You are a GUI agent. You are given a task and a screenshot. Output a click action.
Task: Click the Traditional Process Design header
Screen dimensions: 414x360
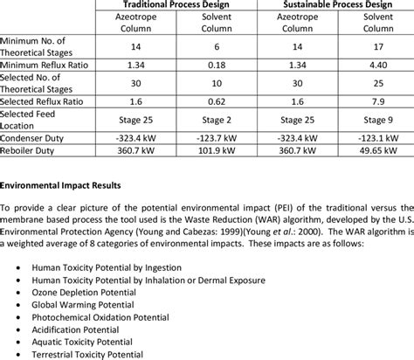tap(174, 4)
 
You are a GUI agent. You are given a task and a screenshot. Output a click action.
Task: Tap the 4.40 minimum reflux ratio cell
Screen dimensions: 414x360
tap(378, 63)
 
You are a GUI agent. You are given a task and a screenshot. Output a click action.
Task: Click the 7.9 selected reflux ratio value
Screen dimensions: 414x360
tap(378, 100)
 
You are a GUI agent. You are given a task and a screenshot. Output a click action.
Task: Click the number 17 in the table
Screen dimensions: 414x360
tap(378, 45)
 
